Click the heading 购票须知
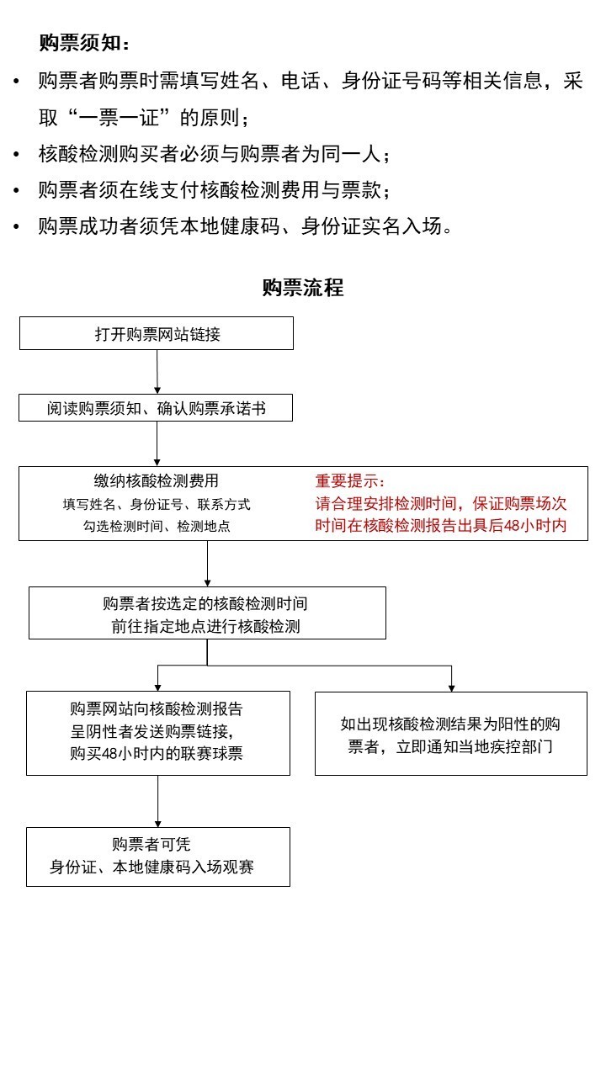[x=84, y=43]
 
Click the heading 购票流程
[x=302, y=288]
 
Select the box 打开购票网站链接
[x=157, y=333]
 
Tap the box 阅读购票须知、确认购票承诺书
[x=157, y=408]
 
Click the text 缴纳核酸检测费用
[x=157, y=480]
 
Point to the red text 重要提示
[x=349, y=481]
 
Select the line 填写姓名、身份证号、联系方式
[x=157, y=504]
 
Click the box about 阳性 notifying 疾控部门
[x=450, y=734]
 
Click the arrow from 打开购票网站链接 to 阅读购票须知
[x=157, y=372]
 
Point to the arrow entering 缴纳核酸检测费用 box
[x=157, y=444]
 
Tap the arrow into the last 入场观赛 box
[x=157, y=801]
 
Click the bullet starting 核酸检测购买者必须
[x=215, y=154]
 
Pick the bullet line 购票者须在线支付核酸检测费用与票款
[x=215, y=190]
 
